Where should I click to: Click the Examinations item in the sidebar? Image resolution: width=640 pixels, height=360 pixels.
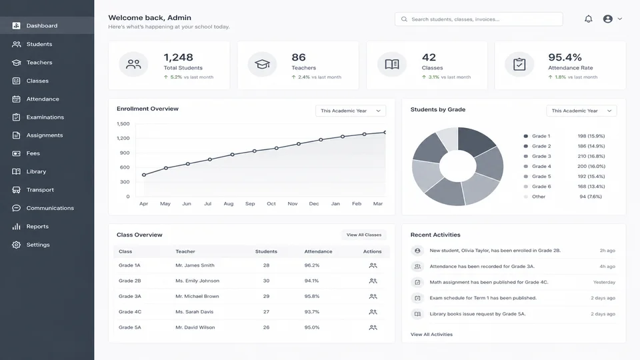pyautogui.click(x=45, y=117)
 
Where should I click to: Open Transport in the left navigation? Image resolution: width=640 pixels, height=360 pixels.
pyautogui.click(x=40, y=190)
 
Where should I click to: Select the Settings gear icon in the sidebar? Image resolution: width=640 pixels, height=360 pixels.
pyautogui.click(x=16, y=245)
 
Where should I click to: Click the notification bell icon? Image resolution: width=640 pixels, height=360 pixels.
pyautogui.click(x=588, y=19)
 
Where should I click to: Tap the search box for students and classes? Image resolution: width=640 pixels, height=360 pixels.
pyautogui.click(x=479, y=19)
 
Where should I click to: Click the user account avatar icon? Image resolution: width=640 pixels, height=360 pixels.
pyautogui.click(x=608, y=19)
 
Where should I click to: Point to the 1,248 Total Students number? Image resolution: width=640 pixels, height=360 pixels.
pyautogui.click(x=179, y=57)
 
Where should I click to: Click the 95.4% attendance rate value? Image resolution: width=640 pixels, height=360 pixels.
pyautogui.click(x=565, y=57)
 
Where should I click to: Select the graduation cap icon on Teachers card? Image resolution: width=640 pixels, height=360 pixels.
pyautogui.click(x=262, y=64)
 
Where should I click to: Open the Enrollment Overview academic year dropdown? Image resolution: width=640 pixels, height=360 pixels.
pyautogui.click(x=351, y=111)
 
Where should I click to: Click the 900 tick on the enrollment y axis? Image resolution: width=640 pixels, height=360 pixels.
pyautogui.click(x=125, y=153)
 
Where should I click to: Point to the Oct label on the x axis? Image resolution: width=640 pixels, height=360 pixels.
pyautogui.click(x=271, y=204)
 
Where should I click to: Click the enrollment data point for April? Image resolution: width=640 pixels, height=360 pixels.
pyautogui.click(x=144, y=175)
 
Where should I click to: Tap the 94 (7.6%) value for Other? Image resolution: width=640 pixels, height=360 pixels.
pyautogui.click(x=591, y=197)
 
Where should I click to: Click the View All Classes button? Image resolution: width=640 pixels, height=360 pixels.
pyautogui.click(x=364, y=235)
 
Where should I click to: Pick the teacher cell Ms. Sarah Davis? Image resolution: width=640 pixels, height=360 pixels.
pyautogui.click(x=194, y=312)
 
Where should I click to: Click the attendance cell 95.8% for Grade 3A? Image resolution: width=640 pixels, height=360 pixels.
pyautogui.click(x=312, y=296)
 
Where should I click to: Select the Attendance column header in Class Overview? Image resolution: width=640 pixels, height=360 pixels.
pyautogui.click(x=319, y=251)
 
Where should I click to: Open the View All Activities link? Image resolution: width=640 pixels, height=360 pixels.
pyautogui.click(x=431, y=334)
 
